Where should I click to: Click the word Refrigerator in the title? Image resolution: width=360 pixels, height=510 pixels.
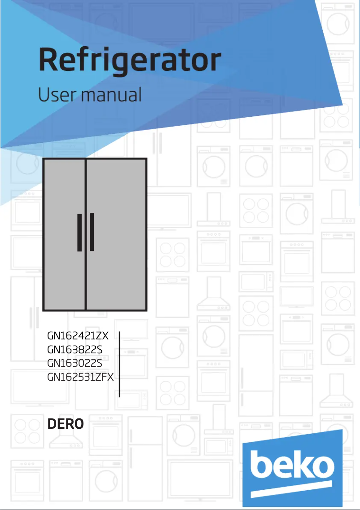click(x=130, y=61)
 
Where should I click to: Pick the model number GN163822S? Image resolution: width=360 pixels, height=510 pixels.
click(x=75, y=349)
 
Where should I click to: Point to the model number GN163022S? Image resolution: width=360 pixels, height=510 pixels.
click(x=75, y=363)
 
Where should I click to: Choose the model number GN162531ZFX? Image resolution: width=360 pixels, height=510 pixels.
click(x=81, y=377)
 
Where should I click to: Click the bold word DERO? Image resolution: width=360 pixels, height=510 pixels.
click(x=65, y=424)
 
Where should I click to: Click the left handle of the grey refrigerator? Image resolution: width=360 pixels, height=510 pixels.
click(x=79, y=232)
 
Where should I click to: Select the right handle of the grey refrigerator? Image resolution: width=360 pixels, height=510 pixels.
click(x=92, y=232)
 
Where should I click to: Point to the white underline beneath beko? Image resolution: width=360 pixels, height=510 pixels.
click(x=292, y=490)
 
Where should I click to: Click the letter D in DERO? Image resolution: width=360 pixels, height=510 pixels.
click(x=52, y=424)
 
